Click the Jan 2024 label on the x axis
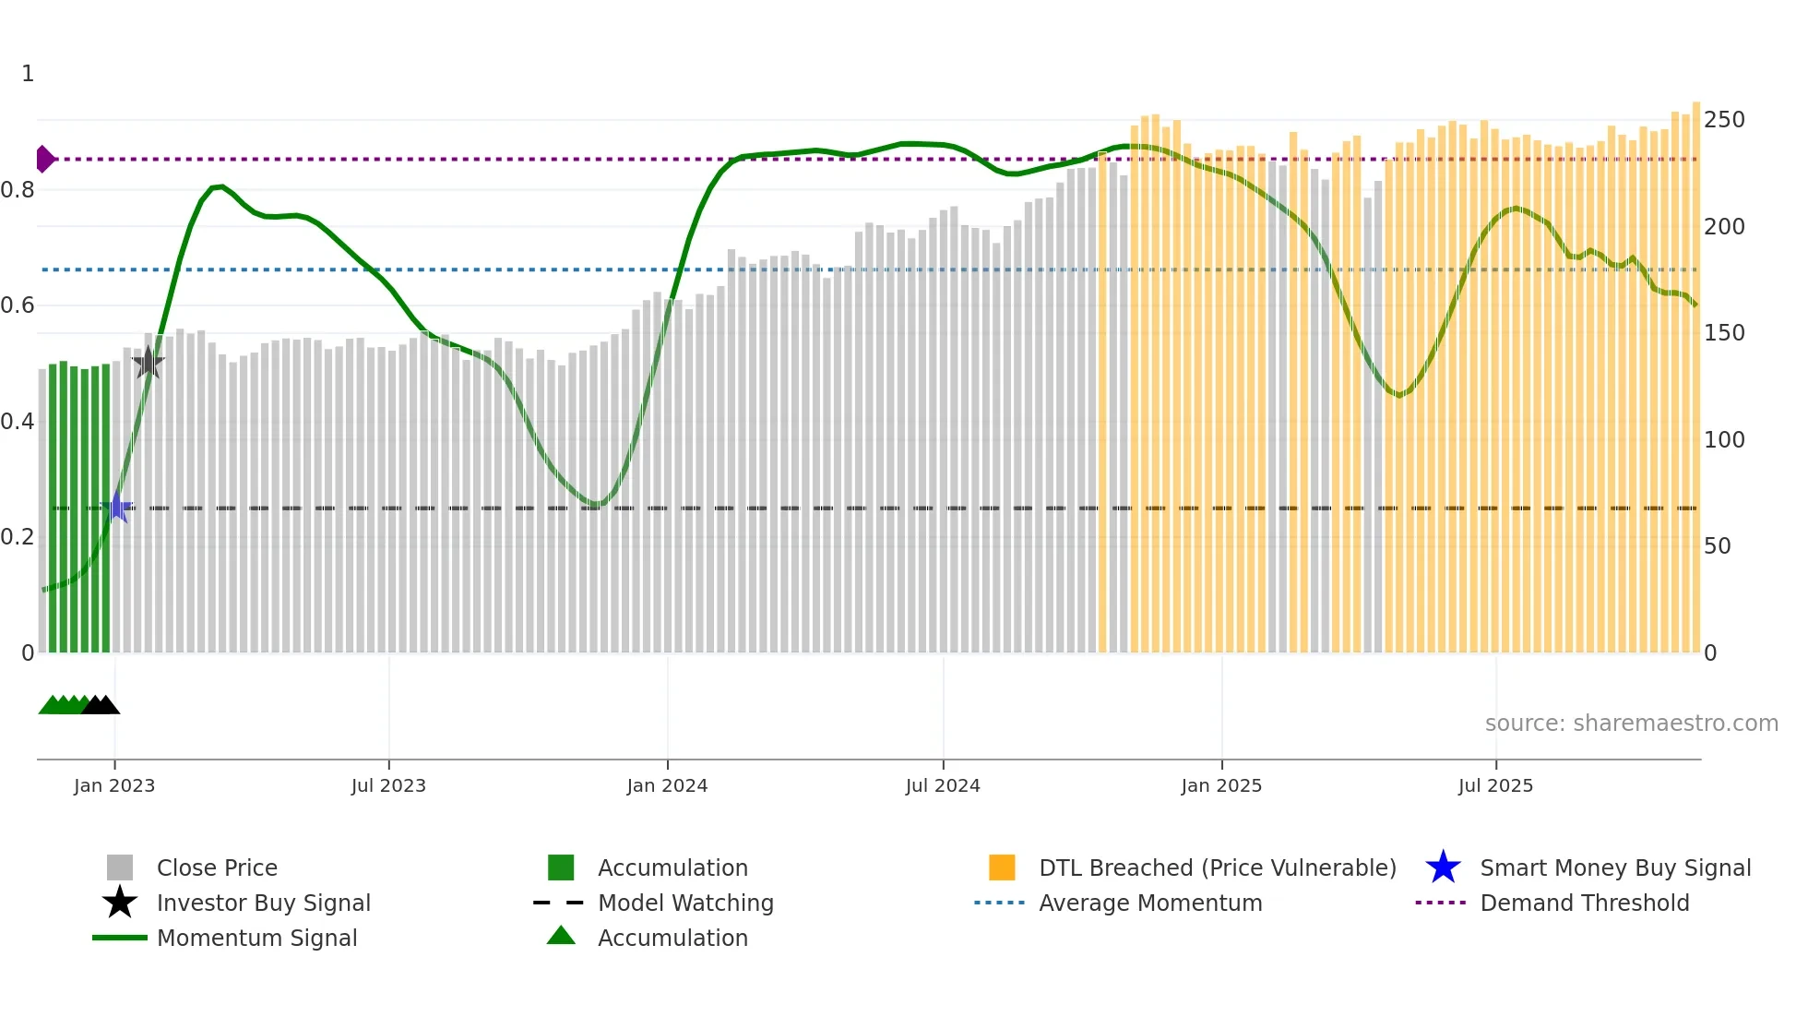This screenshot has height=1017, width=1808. click(x=667, y=785)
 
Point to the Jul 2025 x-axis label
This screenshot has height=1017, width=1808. click(x=1495, y=785)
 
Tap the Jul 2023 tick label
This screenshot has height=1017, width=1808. click(x=388, y=785)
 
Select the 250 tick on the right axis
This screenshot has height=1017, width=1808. click(x=1724, y=120)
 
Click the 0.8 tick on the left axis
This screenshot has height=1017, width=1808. click(x=18, y=190)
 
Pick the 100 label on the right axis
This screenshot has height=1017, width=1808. click(x=1724, y=439)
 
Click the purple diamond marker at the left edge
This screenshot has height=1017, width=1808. click(x=44, y=159)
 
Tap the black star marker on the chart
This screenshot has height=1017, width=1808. click(x=148, y=363)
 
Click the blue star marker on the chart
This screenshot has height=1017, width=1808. click(x=118, y=508)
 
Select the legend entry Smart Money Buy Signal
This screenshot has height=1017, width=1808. click(x=1614, y=867)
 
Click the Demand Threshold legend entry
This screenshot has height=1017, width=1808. click(x=1584, y=903)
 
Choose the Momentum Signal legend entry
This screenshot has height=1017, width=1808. click(x=256, y=938)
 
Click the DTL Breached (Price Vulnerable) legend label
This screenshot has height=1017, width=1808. click(x=1217, y=867)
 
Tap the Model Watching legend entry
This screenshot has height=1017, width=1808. click(x=685, y=903)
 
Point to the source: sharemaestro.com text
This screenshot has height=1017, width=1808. click(x=1631, y=723)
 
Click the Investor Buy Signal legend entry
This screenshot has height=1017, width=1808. click(x=263, y=903)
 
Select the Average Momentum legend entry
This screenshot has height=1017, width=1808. click(x=1149, y=903)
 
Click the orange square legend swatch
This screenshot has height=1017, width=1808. click(x=1002, y=867)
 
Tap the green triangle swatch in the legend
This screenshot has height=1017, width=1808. click(x=561, y=936)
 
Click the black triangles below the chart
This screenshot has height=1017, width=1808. click(x=101, y=705)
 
